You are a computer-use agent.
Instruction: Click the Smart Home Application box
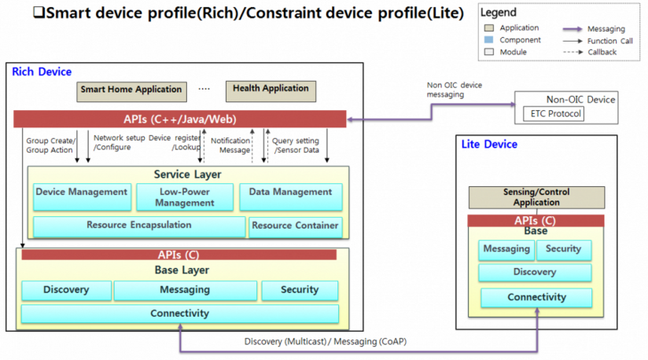[x=131, y=90]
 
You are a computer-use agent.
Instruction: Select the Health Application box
[x=271, y=89]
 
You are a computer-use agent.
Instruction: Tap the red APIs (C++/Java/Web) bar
[x=180, y=119]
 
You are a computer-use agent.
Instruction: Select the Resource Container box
[x=295, y=226]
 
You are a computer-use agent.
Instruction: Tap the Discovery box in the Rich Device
[x=66, y=290]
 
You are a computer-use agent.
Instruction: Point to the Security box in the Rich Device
[x=300, y=290]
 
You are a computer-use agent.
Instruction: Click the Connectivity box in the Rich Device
[x=180, y=314]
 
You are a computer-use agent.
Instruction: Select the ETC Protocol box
[x=554, y=115]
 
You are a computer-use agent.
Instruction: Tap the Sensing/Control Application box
[x=536, y=197]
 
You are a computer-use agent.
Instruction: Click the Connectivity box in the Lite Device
[x=536, y=298]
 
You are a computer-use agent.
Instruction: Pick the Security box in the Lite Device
[x=563, y=249]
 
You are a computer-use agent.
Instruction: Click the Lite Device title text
[x=490, y=145]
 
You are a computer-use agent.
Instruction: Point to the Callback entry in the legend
[x=602, y=52]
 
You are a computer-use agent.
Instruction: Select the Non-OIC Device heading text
[x=580, y=100]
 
